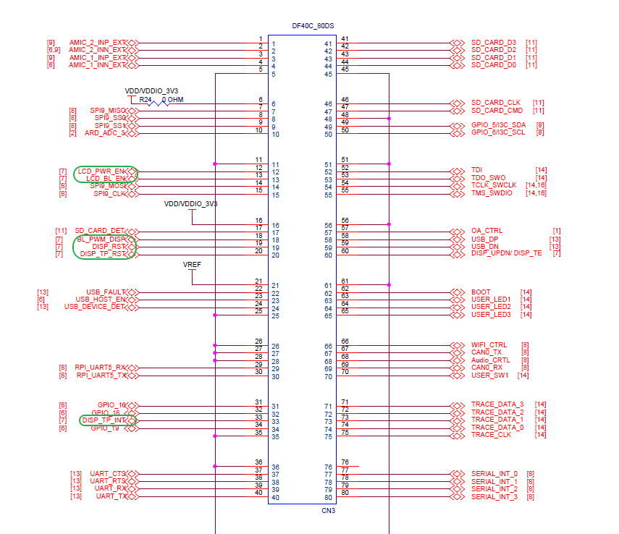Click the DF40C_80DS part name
pos(313,26)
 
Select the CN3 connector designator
pos(328,511)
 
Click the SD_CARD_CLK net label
pos(496,103)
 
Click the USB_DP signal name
pos(485,239)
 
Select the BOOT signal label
pos(481,292)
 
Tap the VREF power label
pos(192,266)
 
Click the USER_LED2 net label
pos(491,307)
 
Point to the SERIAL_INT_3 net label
pos(494,497)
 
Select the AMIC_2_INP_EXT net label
pos(98,42)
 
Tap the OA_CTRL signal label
pos(487,231)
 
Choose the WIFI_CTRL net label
pos(489,345)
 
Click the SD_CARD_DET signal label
pos(101,231)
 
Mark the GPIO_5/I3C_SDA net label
pos(498,125)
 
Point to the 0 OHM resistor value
pos(172,99)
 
